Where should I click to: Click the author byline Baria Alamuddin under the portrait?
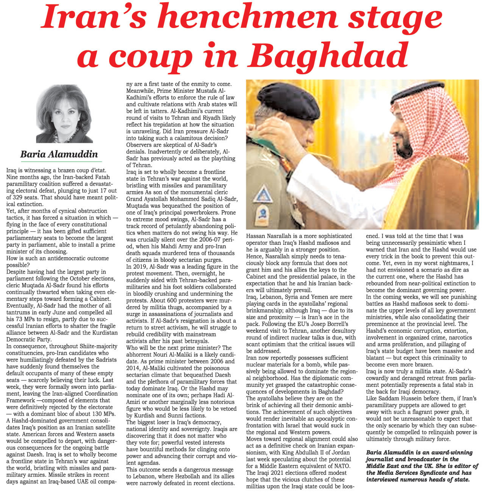(x=59, y=154)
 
